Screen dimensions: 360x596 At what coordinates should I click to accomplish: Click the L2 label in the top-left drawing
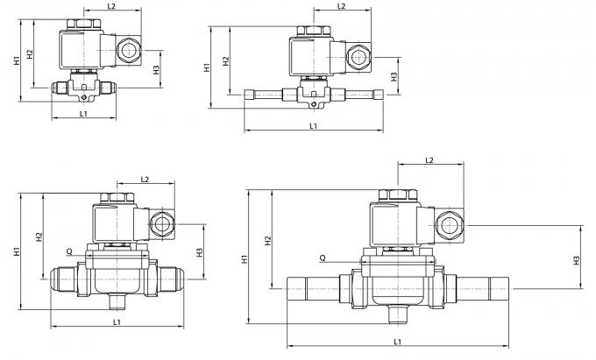coord(111,7)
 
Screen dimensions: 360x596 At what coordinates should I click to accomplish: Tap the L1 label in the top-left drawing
coord(83,114)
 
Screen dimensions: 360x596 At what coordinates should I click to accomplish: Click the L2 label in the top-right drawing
coord(342,7)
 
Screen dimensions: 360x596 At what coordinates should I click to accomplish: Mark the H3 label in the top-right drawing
coord(394,76)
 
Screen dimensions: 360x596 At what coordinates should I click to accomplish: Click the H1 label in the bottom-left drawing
coord(17,252)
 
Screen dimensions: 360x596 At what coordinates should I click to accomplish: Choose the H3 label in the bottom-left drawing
coord(200,252)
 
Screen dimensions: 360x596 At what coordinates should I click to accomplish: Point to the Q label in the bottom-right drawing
coord(323,258)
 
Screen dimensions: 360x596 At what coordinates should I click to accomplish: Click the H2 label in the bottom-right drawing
coord(267,237)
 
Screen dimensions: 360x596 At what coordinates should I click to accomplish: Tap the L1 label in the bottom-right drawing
coord(398,341)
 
